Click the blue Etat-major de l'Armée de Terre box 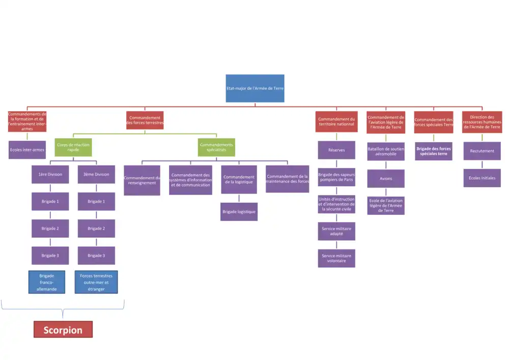click(x=255, y=88)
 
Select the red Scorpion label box click(x=63, y=329)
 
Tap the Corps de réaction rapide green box click(x=73, y=147)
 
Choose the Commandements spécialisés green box click(x=217, y=147)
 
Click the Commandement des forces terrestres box click(x=145, y=120)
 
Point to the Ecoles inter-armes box click(x=27, y=150)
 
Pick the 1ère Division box click(x=50, y=174)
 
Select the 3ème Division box click(x=96, y=174)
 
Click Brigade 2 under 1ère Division click(x=50, y=228)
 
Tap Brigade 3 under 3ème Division click(x=96, y=255)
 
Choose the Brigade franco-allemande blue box click(x=46, y=282)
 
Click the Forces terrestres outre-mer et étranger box click(x=96, y=282)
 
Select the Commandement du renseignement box click(x=142, y=180)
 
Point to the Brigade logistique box click(x=239, y=211)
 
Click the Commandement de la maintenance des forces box click(x=287, y=179)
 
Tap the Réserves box click(x=336, y=150)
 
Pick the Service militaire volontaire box click(x=336, y=258)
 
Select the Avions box click(x=386, y=179)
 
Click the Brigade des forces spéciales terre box click(x=434, y=151)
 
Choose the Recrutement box click(x=482, y=151)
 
